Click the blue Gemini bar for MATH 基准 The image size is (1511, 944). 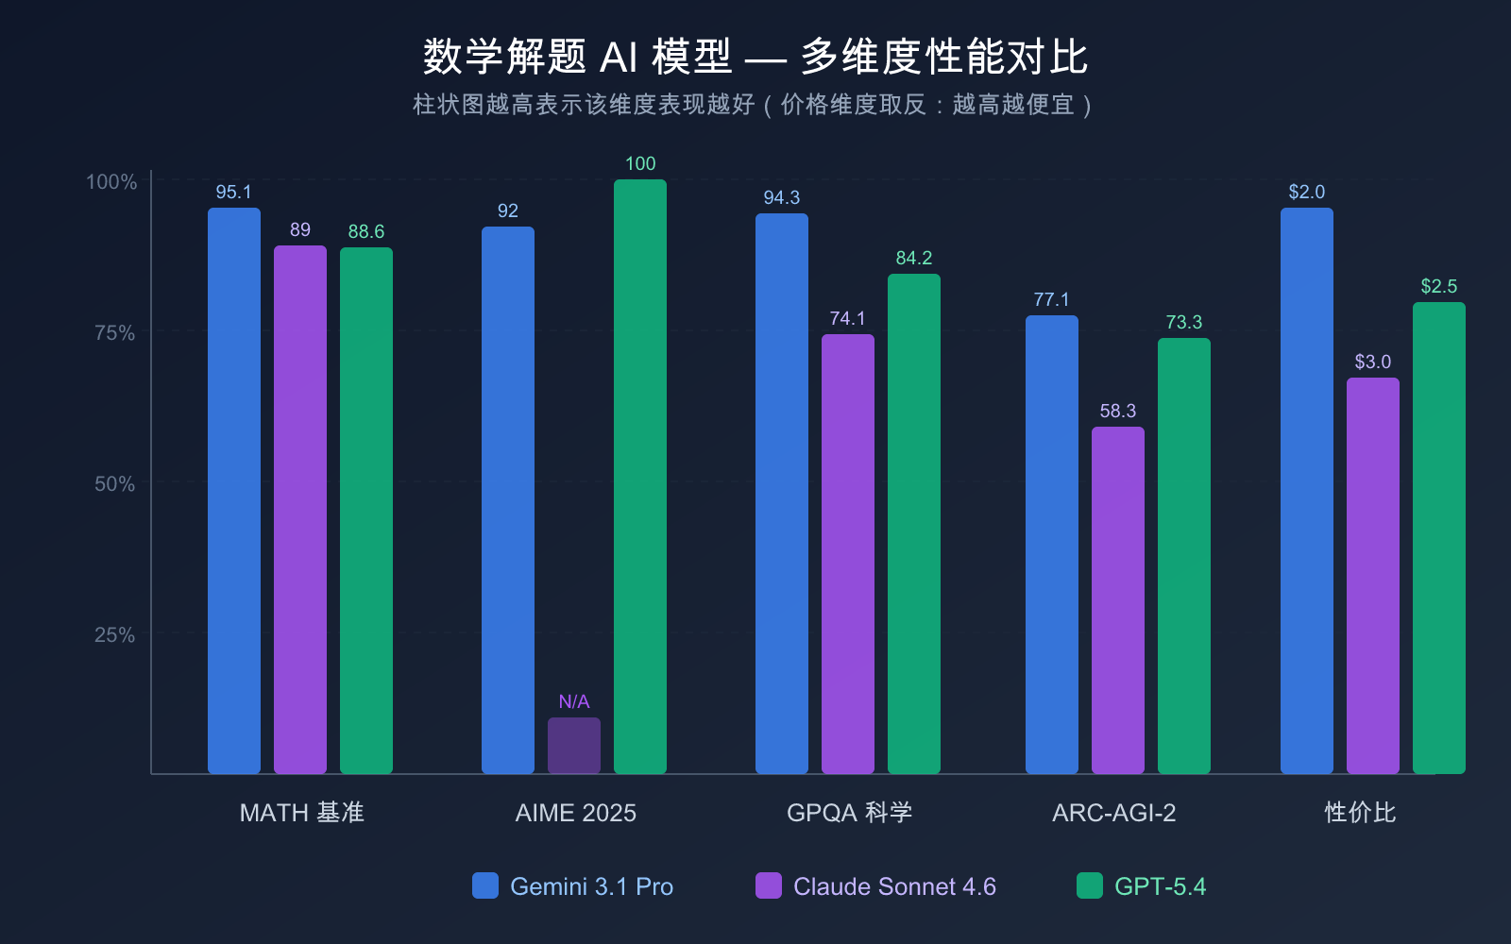pos(234,491)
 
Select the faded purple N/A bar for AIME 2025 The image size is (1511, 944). pos(574,746)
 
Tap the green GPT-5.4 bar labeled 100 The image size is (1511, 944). pos(640,477)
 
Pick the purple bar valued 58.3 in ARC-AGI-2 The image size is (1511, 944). pos(1118,600)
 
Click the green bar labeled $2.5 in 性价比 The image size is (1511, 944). pos(1439,538)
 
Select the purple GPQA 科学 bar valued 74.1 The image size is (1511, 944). pos(848,554)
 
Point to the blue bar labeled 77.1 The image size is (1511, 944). pos(1052,545)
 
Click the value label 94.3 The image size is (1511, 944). pos(781,197)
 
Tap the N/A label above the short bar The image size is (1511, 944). pos(574,701)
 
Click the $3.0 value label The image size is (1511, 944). pos(1373,362)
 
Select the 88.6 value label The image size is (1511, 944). pos(366,231)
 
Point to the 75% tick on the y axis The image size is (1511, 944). pos(114,332)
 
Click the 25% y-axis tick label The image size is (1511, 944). pos(114,634)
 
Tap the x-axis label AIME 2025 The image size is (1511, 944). pos(575,813)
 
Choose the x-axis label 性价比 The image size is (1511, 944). pos(1360,813)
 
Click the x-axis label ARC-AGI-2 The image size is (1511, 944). pos(1114,813)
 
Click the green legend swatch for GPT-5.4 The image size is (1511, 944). pos(1090,885)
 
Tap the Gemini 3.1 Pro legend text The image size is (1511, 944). pos(591,886)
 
